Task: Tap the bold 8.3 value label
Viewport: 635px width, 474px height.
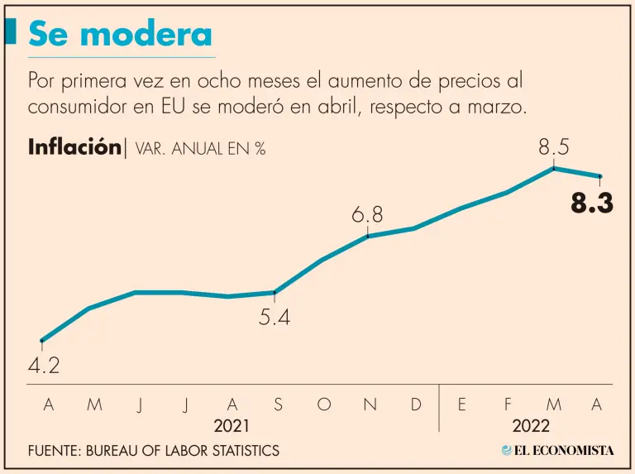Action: pos(592,203)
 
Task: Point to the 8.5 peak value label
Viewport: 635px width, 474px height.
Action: pos(554,147)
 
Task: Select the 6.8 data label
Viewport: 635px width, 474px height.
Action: pos(367,215)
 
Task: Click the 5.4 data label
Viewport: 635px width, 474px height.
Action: pos(275,317)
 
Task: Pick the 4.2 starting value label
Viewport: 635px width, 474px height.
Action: pos(44,366)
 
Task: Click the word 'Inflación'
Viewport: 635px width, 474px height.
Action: pos(74,147)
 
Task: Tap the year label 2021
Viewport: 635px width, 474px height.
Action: pos(231,426)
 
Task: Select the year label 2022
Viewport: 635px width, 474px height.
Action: pos(530,426)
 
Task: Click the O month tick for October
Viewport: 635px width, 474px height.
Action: pos(324,405)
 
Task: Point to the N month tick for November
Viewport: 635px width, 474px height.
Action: pos(370,405)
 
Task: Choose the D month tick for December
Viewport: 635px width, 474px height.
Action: pos(416,405)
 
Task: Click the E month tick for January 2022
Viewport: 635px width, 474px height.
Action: pos(461,405)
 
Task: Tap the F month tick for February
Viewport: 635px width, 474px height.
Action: pos(508,405)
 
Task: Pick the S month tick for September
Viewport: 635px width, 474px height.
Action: pos(278,405)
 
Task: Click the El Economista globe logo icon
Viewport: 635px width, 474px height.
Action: pos(507,451)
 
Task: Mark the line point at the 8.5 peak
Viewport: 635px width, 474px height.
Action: pos(553,168)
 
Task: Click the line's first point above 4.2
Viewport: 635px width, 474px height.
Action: pos(42,340)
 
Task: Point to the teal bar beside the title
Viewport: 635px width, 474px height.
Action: pos(11,33)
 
